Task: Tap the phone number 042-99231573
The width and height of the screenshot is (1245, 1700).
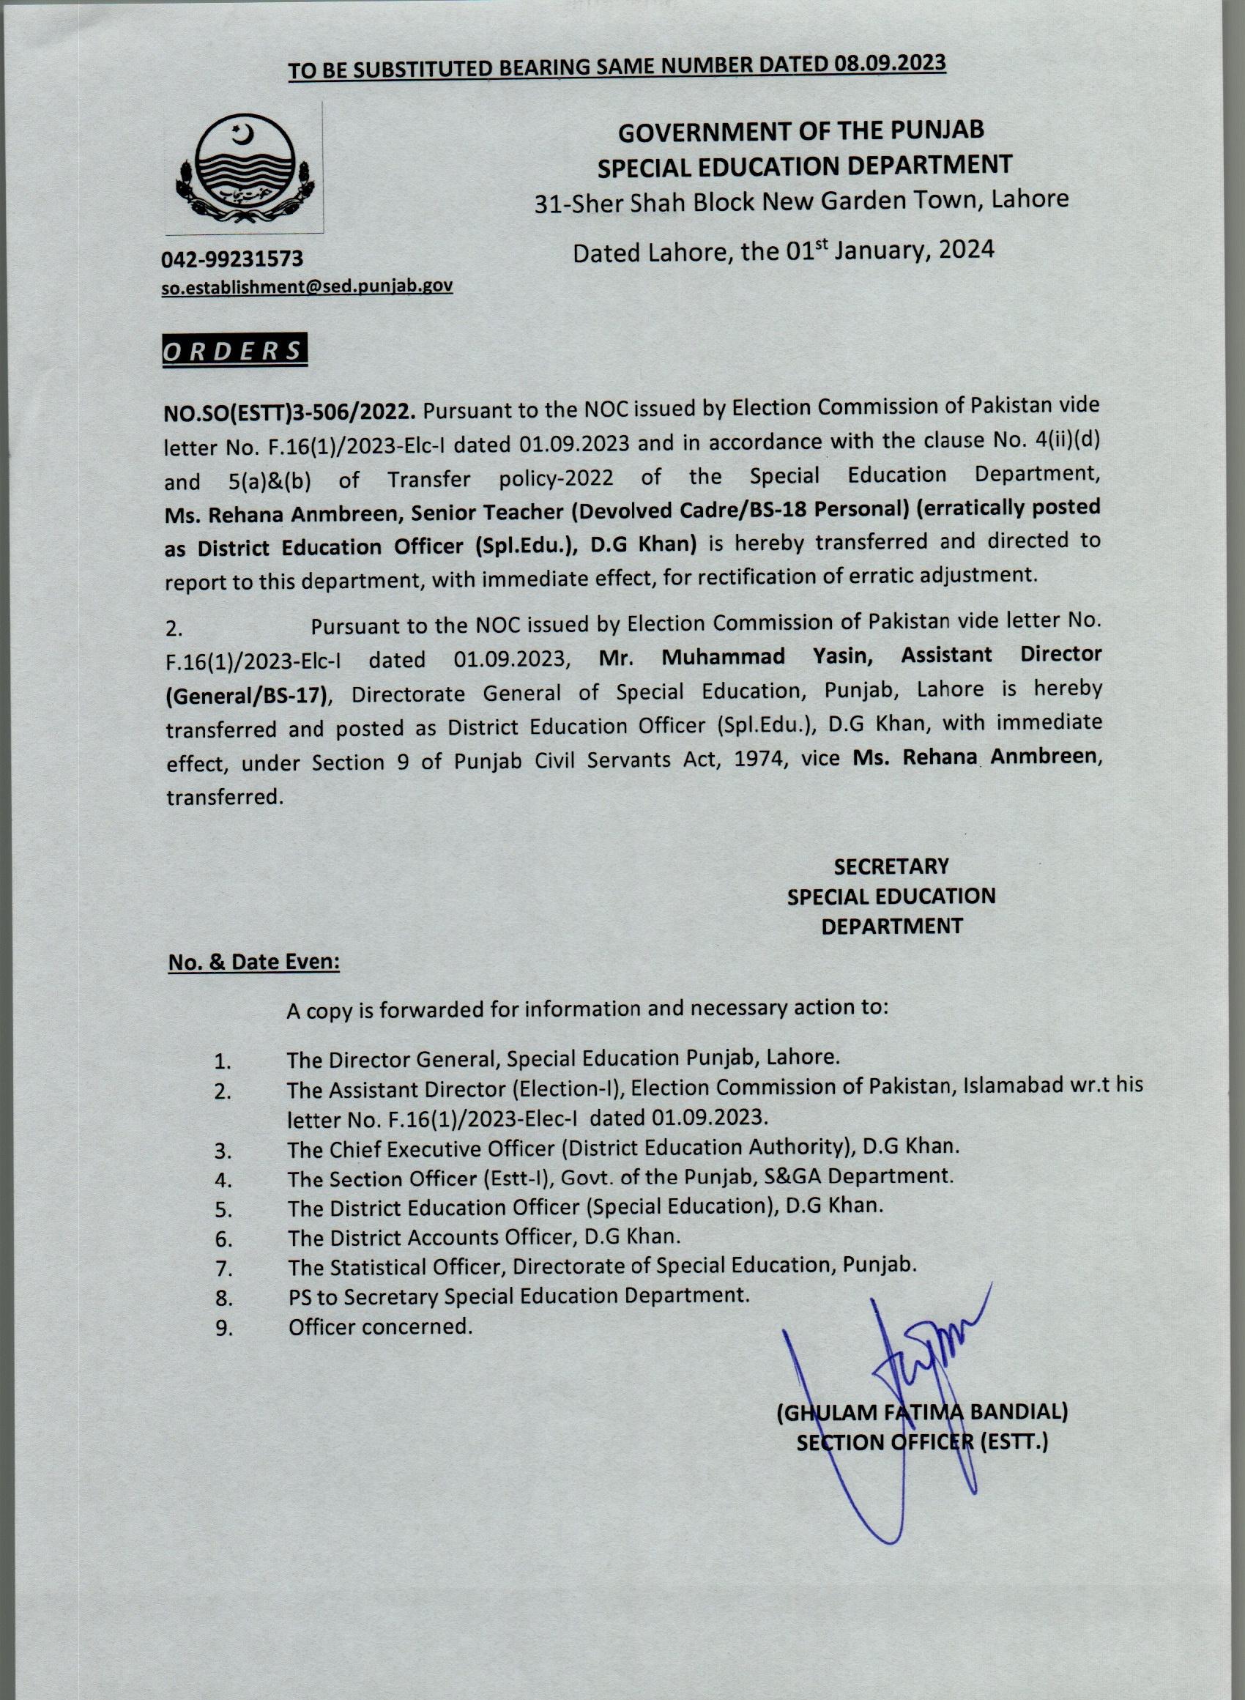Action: [x=232, y=259]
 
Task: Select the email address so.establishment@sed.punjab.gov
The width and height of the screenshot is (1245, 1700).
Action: [x=308, y=286]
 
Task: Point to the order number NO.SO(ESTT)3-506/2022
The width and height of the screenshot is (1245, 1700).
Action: [x=290, y=412]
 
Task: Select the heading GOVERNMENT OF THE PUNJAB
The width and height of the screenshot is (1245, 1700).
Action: [x=801, y=131]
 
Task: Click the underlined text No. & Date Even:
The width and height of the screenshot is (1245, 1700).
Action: [x=253, y=962]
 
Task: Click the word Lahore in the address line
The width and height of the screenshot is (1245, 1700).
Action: [x=1030, y=199]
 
